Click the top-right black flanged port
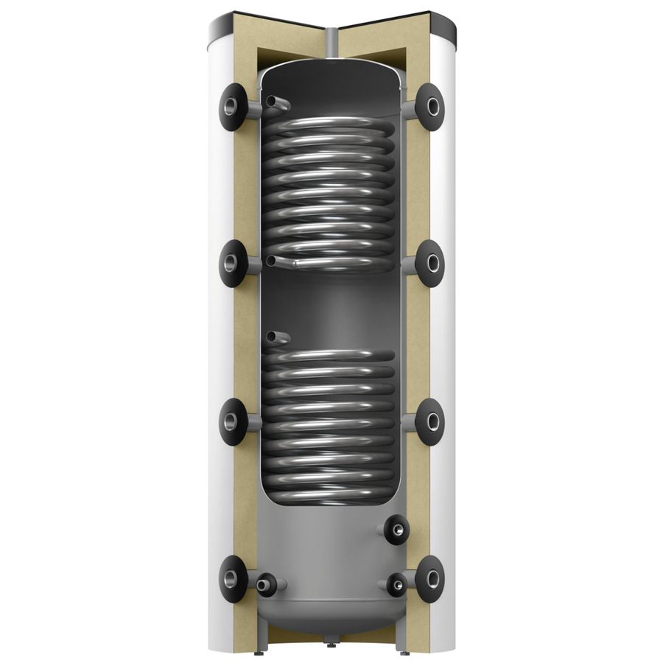[429, 108]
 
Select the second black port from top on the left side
[233, 264]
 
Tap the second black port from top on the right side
[429, 263]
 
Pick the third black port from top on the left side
[233, 422]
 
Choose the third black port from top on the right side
[429, 422]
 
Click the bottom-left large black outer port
[233, 579]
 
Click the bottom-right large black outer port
[429, 579]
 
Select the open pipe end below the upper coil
[273, 261]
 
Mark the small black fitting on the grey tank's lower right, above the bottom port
[396, 529]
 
